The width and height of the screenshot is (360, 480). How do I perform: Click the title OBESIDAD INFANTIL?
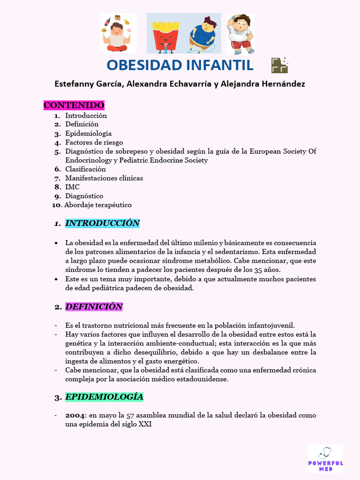(x=180, y=65)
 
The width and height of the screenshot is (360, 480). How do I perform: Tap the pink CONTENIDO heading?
(x=74, y=105)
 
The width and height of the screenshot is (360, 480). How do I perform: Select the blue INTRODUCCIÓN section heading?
(x=102, y=223)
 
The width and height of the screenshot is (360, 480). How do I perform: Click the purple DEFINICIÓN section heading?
(x=94, y=307)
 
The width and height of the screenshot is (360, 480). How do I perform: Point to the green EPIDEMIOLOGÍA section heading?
(x=104, y=397)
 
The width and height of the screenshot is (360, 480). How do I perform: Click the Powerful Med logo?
(x=325, y=458)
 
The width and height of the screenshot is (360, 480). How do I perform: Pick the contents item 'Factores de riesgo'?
(x=94, y=142)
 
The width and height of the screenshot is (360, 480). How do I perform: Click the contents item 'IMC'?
(x=72, y=187)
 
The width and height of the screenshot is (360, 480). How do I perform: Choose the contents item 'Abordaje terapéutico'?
(x=98, y=205)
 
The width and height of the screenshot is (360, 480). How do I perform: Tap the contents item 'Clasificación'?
(x=85, y=169)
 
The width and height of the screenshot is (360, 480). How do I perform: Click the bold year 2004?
(x=75, y=415)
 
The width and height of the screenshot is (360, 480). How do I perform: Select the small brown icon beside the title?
(x=279, y=65)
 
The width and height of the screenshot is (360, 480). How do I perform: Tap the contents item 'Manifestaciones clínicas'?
(x=104, y=178)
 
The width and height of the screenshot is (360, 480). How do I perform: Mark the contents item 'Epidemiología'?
(x=88, y=134)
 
